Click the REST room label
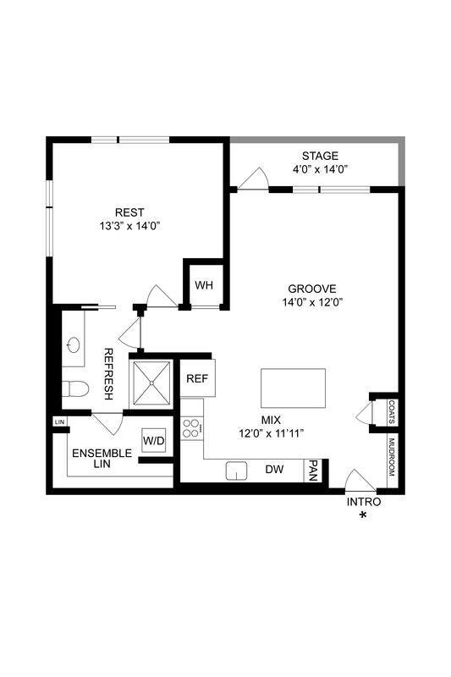(129, 212)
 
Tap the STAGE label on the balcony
(320, 156)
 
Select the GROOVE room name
(311, 288)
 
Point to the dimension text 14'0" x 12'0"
(311, 302)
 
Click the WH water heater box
(204, 284)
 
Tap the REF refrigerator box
(196, 378)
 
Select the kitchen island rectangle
(292, 388)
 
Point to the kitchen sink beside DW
(236, 470)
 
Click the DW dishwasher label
(274, 470)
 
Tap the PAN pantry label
(314, 470)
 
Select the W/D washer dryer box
(153, 440)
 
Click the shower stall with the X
(151, 383)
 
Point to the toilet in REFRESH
(74, 390)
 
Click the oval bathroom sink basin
(74, 345)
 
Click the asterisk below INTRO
(364, 515)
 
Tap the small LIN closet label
(59, 421)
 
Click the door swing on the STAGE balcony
(253, 179)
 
